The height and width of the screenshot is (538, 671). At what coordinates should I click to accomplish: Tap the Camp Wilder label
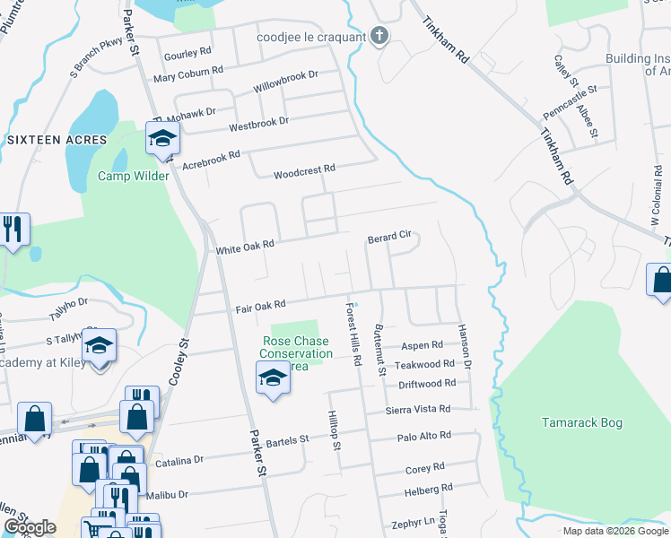(134, 176)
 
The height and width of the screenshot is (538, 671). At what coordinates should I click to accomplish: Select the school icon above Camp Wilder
(162, 138)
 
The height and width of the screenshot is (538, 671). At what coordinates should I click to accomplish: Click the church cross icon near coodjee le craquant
(379, 37)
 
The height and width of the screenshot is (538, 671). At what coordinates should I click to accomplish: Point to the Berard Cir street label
(389, 239)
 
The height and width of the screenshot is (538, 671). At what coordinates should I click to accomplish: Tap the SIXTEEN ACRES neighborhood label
(57, 140)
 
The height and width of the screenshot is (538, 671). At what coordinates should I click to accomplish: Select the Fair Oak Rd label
(260, 307)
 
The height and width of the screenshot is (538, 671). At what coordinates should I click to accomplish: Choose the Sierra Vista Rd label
(417, 409)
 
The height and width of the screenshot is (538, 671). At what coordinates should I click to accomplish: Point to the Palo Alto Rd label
(424, 436)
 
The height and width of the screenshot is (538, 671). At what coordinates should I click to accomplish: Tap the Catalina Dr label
(179, 460)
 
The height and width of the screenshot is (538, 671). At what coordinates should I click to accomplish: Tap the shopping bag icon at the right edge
(662, 280)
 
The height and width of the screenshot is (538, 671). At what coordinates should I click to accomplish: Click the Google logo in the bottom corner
(30, 528)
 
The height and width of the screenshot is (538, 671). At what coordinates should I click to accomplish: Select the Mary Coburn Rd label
(187, 75)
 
